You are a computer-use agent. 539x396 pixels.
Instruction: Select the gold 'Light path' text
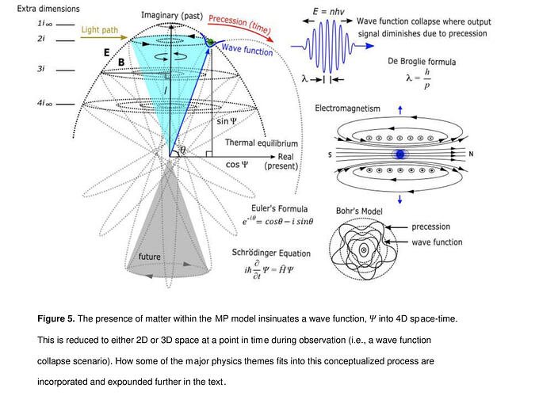point(100,30)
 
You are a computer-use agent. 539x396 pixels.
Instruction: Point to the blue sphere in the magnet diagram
point(400,154)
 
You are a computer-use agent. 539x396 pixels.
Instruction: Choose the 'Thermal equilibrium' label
point(262,143)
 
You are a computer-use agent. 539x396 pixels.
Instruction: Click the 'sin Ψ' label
point(227,122)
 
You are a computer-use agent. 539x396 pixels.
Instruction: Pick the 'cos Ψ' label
point(237,165)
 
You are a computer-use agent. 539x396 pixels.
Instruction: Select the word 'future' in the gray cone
point(149,257)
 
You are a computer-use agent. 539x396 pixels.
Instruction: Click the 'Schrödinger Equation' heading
point(269,253)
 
